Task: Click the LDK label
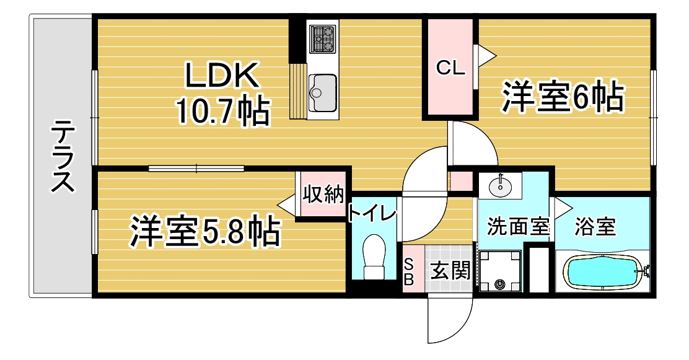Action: [221, 76]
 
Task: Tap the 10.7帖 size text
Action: [222, 111]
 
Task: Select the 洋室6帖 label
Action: [563, 97]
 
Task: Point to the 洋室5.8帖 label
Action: [204, 230]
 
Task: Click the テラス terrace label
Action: [63, 156]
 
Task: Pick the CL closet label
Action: [450, 68]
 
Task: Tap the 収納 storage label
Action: [323, 194]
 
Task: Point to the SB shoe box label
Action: [409, 271]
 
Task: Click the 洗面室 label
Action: [518, 226]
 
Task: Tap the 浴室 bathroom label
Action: [595, 226]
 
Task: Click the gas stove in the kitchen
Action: [323, 38]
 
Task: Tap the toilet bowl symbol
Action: [374, 257]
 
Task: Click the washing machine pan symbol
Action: [499, 271]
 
